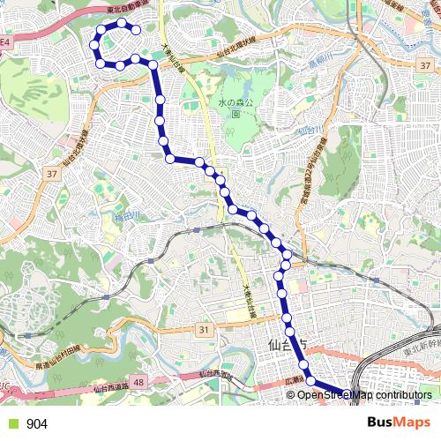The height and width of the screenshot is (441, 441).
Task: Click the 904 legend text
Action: pos(37,424)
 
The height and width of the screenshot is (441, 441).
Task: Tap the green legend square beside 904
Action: pos(11,424)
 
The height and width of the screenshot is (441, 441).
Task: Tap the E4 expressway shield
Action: pos(5,41)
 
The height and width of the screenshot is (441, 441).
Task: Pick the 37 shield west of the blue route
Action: pos(52,174)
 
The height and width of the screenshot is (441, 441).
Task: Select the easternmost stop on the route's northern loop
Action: pos(137,30)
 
